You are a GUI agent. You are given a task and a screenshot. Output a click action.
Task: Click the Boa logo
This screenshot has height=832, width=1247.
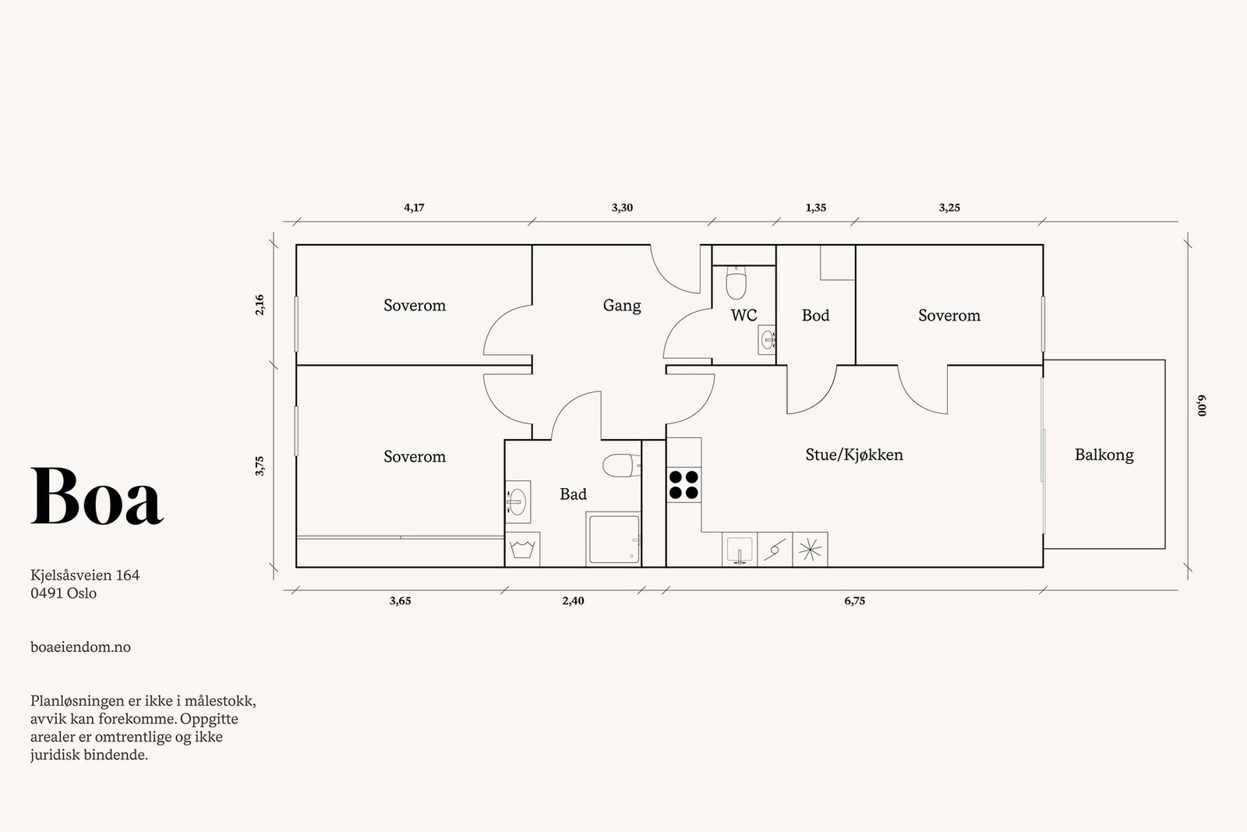pos(97,496)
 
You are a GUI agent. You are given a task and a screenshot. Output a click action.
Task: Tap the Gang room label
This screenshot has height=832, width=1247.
pos(622,306)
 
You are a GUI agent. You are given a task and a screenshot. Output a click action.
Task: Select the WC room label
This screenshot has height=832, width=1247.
pos(744,315)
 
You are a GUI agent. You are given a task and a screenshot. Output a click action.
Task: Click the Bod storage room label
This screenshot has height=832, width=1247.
pos(815,315)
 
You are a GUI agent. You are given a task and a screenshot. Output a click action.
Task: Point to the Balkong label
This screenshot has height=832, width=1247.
pos(1104,455)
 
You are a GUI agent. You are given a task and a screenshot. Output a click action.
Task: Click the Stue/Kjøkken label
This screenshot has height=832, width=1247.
pos(854,455)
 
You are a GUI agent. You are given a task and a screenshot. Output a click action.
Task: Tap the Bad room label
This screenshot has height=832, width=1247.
pos(573,494)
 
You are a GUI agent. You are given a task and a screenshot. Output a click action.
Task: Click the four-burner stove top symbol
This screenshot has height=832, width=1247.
pos(684,484)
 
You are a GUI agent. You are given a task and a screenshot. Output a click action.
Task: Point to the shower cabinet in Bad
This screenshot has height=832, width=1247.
pos(613,539)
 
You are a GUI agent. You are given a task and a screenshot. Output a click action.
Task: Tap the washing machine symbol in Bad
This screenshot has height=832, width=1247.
pos(522,549)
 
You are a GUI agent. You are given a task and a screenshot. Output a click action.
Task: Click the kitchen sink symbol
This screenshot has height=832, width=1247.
pos(740,550)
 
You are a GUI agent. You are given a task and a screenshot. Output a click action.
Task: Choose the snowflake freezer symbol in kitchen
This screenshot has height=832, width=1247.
pos(810,550)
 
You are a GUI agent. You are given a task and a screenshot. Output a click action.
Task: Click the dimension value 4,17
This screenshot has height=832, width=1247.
pos(414,207)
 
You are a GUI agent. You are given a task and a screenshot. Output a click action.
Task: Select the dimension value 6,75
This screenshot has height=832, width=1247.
pos(854,601)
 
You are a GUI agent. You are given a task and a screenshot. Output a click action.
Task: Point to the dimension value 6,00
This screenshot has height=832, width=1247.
pos(1201,405)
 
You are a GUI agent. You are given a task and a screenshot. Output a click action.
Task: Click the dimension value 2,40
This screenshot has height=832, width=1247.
pos(573,601)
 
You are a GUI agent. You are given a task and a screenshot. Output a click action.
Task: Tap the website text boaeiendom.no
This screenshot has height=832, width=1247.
pos(81,647)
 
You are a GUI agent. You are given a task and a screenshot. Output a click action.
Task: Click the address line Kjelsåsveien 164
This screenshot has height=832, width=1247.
pos(85,575)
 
